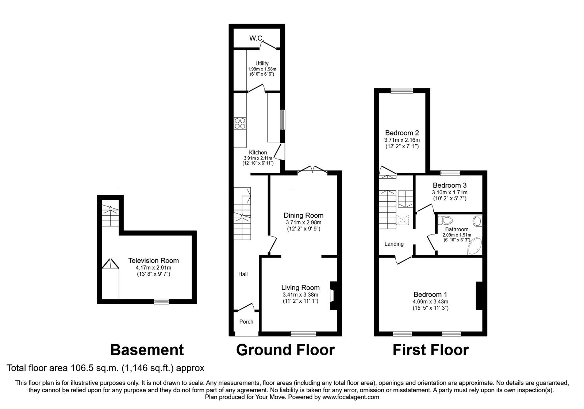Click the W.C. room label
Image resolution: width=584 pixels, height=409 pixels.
pyautogui.click(x=257, y=38)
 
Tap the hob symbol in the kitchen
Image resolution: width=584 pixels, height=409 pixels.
pyautogui.click(x=240, y=123)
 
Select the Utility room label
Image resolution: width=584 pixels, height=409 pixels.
pyautogui.click(x=262, y=63)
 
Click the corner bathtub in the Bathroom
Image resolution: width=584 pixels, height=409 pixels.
pyautogui.click(x=475, y=246)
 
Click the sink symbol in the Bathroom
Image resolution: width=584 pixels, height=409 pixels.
pyautogui.click(x=477, y=221)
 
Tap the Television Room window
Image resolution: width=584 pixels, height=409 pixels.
pyautogui.click(x=161, y=301)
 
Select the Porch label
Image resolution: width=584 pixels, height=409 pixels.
pyautogui.click(x=246, y=322)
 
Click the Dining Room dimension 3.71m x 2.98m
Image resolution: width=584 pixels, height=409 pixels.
pyautogui.click(x=304, y=222)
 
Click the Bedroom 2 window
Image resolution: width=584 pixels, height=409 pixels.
pyautogui.click(x=402, y=91)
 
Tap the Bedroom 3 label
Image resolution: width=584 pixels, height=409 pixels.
pyautogui.click(x=449, y=186)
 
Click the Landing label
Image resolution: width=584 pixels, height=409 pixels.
pyautogui.click(x=394, y=244)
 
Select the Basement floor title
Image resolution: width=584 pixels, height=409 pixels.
pyautogui.click(x=147, y=350)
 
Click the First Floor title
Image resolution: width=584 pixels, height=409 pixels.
pyautogui.click(x=430, y=350)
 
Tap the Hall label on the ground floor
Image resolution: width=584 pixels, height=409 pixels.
pyautogui.click(x=243, y=274)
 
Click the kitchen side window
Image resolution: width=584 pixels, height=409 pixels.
pyautogui.click(x=283, y=119)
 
